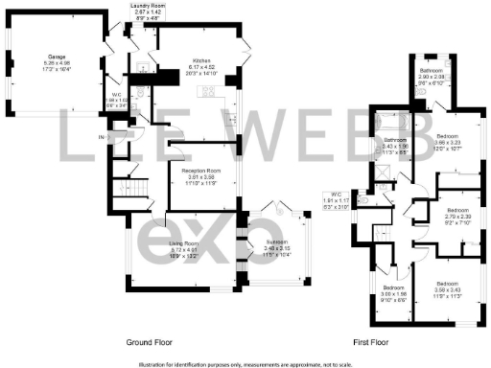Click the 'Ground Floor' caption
click(x=149, y=341)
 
